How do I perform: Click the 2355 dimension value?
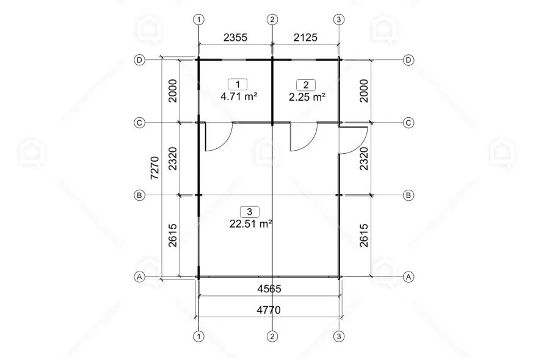pos(235,37)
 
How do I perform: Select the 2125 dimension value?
pos(305,37)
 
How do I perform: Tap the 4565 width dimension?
pos(269,289)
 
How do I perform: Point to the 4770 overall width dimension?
pos(269,310)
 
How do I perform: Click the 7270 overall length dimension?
pos(155,168)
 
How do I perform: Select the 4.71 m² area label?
pos(239,96)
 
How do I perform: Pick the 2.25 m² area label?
pos(307,97)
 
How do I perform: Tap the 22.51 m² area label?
pos(251,224)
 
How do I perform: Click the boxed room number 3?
pos(250,211)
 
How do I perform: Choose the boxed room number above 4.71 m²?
pos(238,84)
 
